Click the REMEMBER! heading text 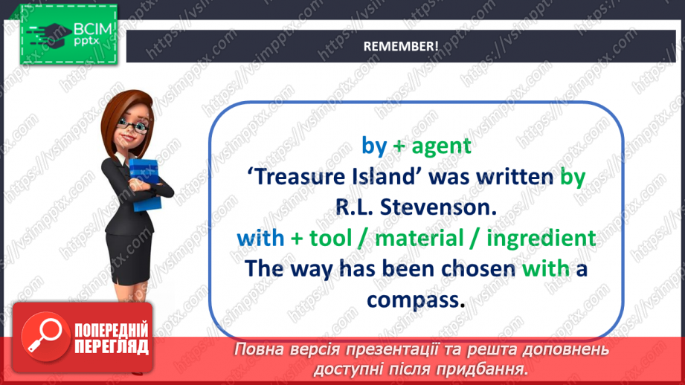click(x=400, y=45)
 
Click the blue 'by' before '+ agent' click(x=374, y=145)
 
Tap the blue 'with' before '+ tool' click(x=260, y=238)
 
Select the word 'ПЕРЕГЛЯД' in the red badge click(x=112, y=346)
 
